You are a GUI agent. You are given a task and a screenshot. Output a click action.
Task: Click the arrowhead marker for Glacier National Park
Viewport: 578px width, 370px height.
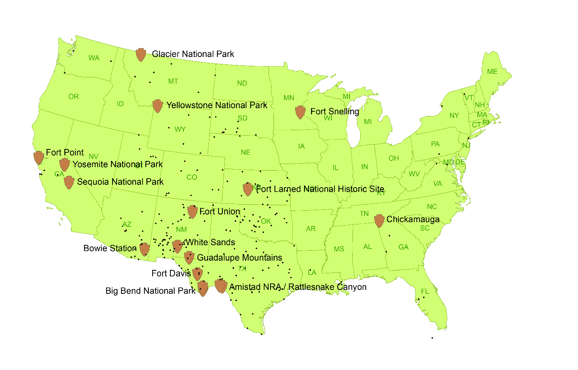pyautogui.click(x=141, y=55)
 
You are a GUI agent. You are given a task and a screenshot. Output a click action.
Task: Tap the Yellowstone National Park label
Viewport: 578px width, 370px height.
pyautogui.click(x=217, y=105)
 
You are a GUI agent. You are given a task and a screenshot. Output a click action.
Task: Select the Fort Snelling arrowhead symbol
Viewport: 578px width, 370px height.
pyautogui.click(x=300, y=112)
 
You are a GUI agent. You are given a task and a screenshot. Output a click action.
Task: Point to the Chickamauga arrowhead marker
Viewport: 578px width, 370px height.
pyautogui.click(x=379, y=221)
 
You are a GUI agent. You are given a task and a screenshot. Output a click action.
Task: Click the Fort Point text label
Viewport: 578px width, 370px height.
pyautogui.click(x=65, y=152)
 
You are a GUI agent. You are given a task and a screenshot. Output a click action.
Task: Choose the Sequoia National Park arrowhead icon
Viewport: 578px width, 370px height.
pyautogui.click(x=69, y=182)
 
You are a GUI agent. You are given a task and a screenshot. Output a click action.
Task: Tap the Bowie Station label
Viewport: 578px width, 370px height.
pyautogui.click(x=110, y=248)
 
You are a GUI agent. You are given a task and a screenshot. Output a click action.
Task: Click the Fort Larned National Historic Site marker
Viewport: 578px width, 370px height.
pyautogui.click(x=248, y=189)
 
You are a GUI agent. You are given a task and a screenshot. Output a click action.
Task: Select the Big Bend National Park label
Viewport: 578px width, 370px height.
pyautogui.click(x=150, y=291)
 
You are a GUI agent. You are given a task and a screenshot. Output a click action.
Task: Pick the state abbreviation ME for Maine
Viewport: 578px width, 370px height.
pyautogui.click(x=492, y=72)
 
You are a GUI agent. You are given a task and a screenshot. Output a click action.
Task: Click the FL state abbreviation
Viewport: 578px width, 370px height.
pyautogui.click(x=425, y=291)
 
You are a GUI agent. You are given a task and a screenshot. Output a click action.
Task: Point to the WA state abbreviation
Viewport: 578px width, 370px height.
pyautogui.click(x=94, y=58)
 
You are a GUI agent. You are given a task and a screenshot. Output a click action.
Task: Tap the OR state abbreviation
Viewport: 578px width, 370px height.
pyautogui.click(x=73, y=97)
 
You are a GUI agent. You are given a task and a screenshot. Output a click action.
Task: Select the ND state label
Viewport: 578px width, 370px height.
pyautogui.click(x=242, y=83)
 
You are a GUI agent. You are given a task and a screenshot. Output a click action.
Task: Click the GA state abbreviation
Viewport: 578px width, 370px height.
pyautogui.click(x=403, y=247)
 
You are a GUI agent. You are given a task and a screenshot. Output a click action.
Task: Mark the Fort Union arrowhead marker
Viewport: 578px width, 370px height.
pyautogui.click(x=192, y=211)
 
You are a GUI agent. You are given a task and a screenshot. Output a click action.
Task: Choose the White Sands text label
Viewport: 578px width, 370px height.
pyautogui.click(x=210, y=242)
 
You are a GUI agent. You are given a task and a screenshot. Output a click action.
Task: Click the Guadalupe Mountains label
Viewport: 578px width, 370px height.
pyautogui.click(x=239, y=258)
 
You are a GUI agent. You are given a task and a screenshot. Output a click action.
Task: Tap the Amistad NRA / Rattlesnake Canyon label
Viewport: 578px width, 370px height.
pyautogui.click(x=297, y=287)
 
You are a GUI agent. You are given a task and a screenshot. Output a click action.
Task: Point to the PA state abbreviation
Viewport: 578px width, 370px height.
pyautogui.click(x=435, y=144)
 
